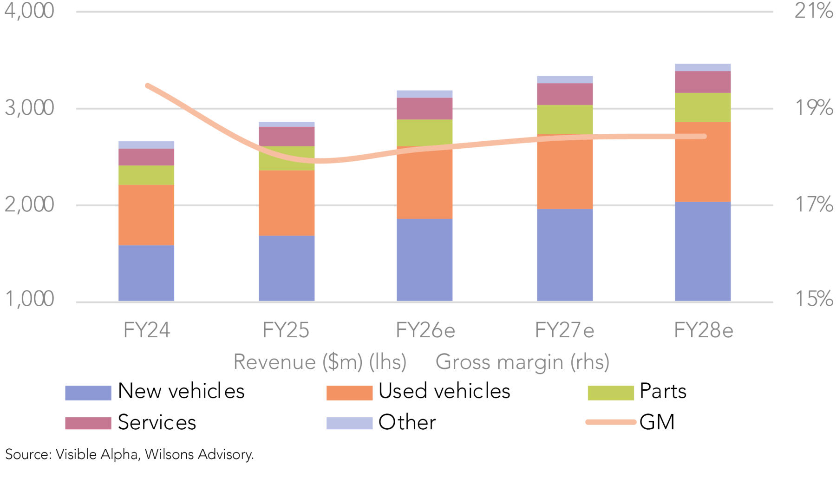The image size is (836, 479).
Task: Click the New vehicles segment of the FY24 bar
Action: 146,273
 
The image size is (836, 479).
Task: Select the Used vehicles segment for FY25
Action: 286,203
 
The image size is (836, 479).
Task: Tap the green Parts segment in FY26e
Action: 425,132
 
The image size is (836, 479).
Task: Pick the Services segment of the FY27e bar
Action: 565,94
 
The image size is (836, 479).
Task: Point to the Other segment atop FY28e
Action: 703,67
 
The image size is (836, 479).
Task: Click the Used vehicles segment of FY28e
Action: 703,162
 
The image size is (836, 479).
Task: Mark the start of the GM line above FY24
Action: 148,85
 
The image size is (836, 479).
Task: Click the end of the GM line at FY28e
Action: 705,136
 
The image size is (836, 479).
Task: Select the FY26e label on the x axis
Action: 425,331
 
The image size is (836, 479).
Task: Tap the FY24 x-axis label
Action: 147,331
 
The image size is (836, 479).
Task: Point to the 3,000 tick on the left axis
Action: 29,108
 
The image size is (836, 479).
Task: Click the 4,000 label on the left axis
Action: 29,11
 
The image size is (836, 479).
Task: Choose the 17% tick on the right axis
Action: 814,204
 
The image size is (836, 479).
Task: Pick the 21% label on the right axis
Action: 814,11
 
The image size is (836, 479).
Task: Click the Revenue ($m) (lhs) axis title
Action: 320,362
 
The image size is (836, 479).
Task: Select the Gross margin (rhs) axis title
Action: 522,362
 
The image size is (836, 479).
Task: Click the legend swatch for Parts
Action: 610,393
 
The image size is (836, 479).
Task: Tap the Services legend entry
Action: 157,422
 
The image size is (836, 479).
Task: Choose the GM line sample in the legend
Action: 610,422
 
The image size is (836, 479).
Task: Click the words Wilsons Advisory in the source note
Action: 199,454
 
